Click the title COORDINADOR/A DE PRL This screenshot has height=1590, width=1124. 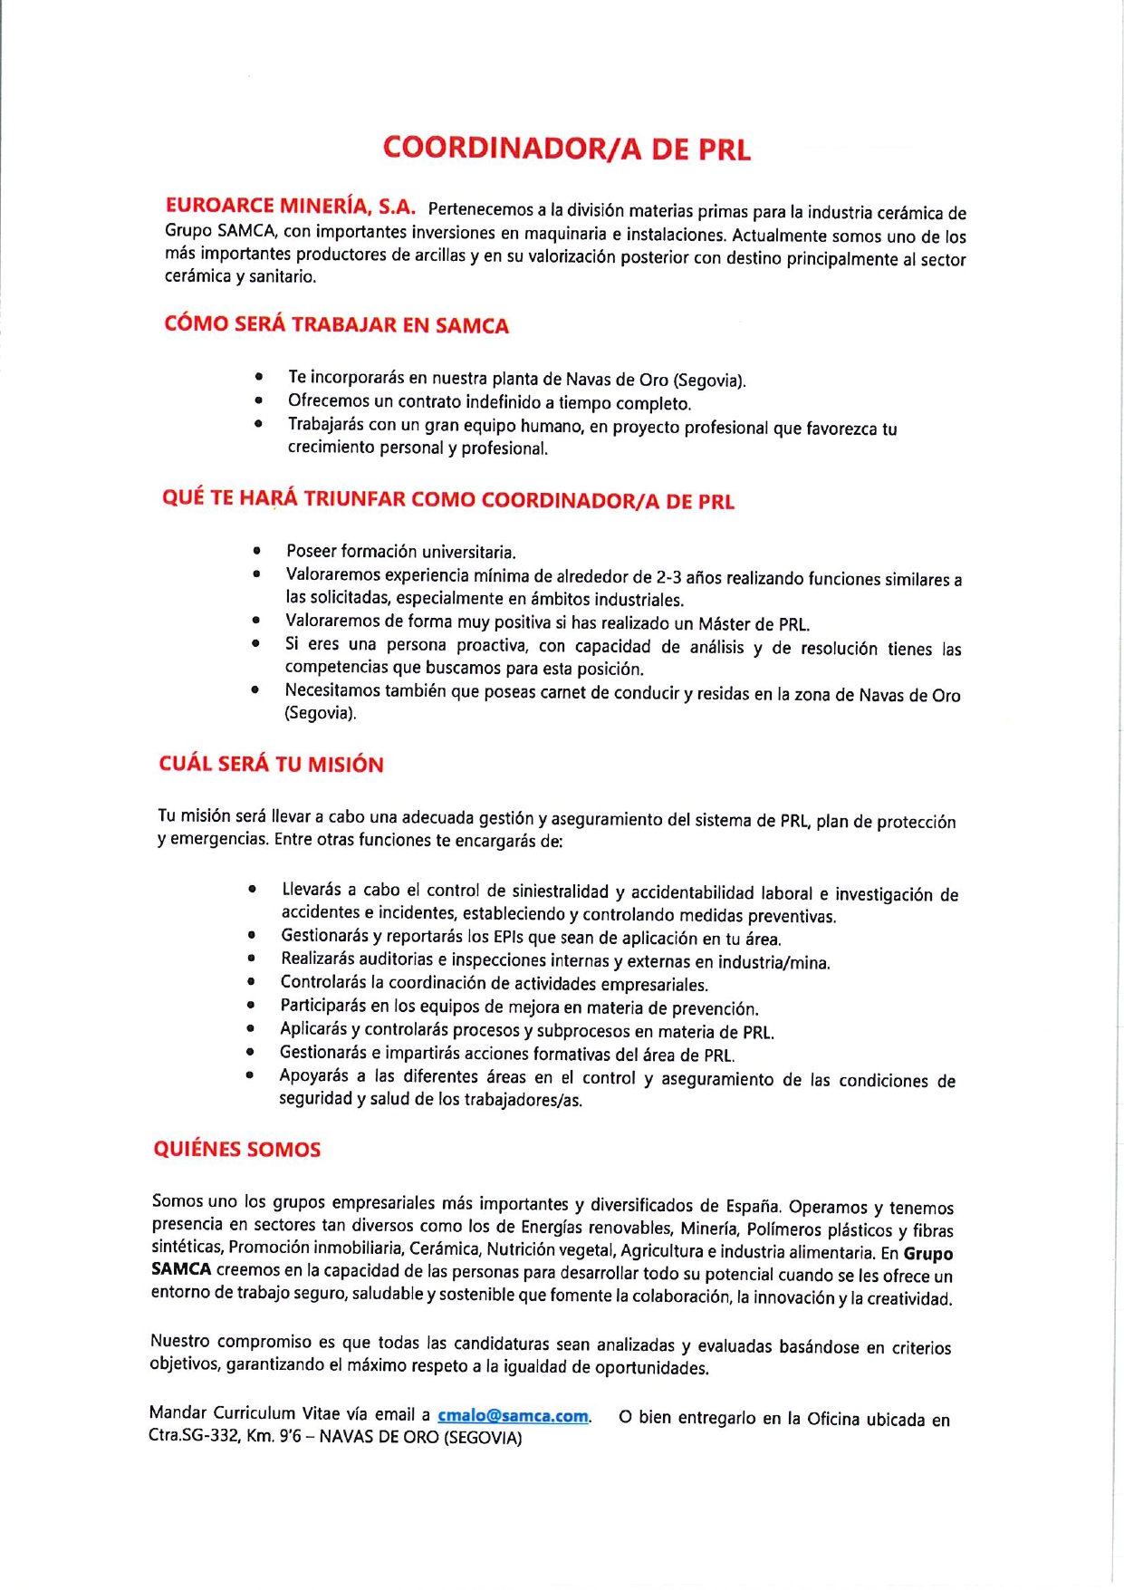pos(566,149)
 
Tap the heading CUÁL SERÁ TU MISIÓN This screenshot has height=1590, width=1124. pos(271,764)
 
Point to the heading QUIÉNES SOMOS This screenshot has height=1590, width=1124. pos(236,1149)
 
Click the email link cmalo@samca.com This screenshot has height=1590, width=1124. pos(514,1416)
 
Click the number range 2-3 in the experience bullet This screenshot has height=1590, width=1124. pos(668,577)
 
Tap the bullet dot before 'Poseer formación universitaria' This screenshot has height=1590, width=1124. pos(257,550)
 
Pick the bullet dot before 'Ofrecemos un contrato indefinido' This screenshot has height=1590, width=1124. pos(259,399)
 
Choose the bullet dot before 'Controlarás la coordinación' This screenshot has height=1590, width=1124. pos(251,981)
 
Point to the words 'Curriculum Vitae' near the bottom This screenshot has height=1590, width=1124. pos(267,1413)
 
